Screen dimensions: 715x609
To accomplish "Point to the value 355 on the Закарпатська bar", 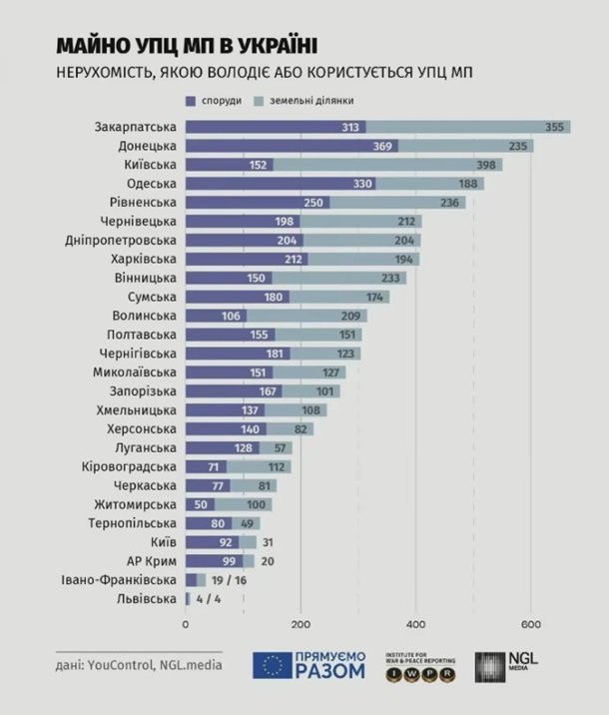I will click(x=555, y=127).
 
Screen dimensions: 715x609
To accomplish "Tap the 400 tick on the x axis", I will click(x=415, y=624).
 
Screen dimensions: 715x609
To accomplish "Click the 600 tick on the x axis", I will click(x=531, y=624).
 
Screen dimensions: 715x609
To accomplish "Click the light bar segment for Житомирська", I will click(x=243, y=504).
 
